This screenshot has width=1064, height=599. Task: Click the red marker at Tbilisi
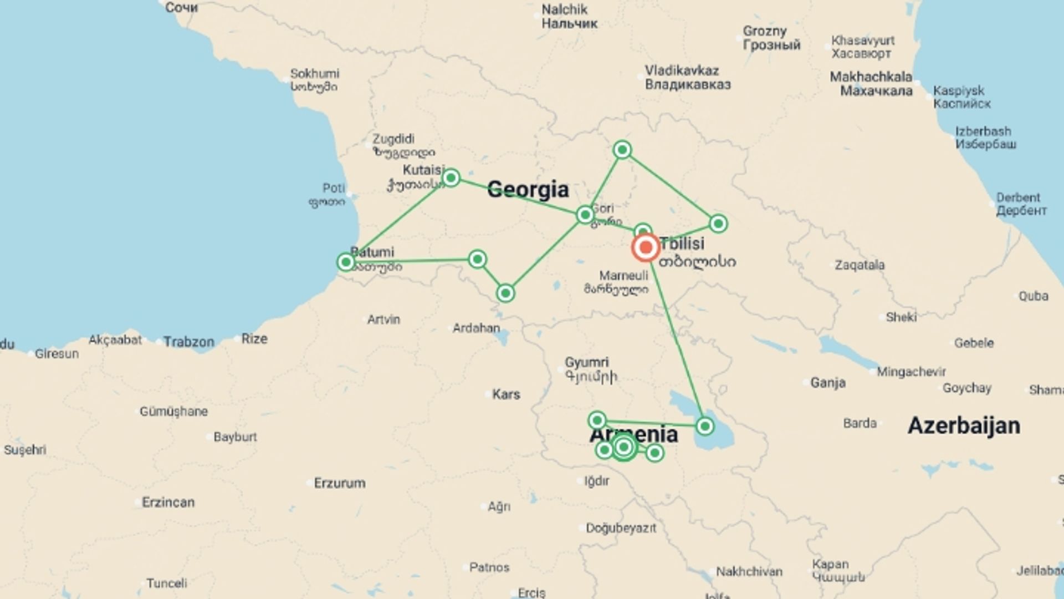click(646, 247)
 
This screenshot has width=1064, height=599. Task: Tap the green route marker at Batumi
click(346, 262)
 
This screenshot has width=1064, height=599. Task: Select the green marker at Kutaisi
click(451, 177)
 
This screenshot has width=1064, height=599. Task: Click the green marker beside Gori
click(585, 215)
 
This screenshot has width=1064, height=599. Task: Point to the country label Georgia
click(528, 190)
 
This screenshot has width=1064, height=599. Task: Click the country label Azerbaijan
click(964, 425)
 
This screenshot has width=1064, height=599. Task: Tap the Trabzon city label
click(188, 342)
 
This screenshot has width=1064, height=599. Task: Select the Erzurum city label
click(339, 483)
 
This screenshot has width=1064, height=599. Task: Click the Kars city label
click(506, 394)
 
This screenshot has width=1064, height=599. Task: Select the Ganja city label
click(828, 382)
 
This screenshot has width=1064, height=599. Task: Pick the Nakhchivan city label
click(749, 571)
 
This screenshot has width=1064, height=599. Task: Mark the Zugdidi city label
click(393, 139)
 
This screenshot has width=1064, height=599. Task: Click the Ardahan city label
click(476, 328)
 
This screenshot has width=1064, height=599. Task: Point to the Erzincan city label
click(168, 502)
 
